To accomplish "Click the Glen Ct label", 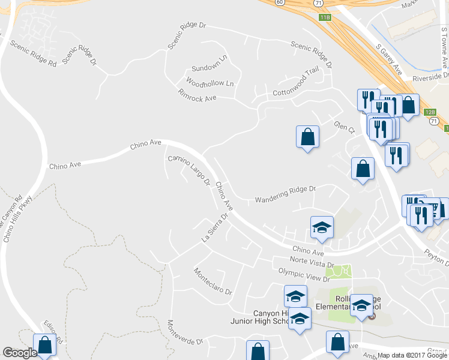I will coord(345,128).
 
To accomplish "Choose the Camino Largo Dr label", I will coord(188,169).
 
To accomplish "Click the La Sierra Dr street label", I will coord(215,229).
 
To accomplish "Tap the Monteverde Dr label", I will coord(185,332).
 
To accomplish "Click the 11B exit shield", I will coord(325,18).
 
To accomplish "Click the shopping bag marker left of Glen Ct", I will coord(307,136).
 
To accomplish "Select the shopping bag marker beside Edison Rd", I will coord(44,344).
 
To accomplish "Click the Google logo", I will coord(19,353).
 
